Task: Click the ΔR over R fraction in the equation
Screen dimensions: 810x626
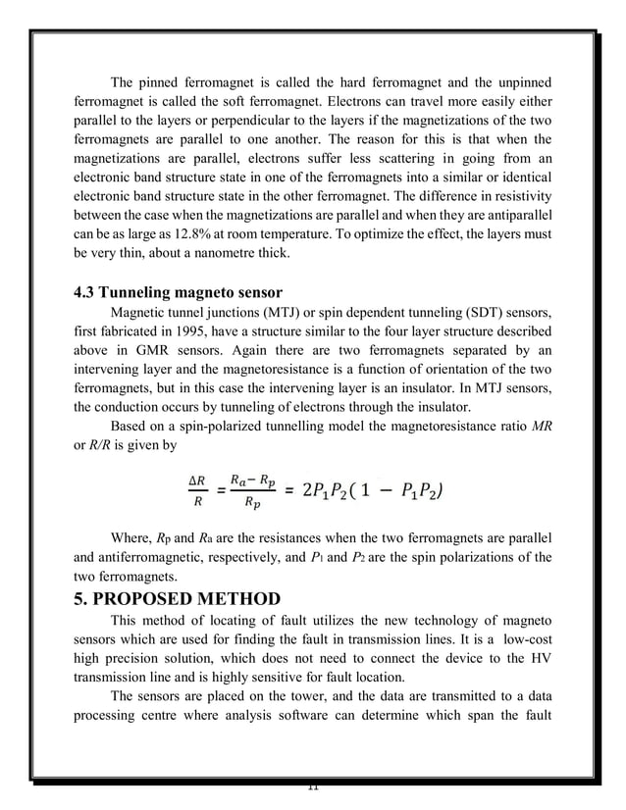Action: click(x=196, y=490)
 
